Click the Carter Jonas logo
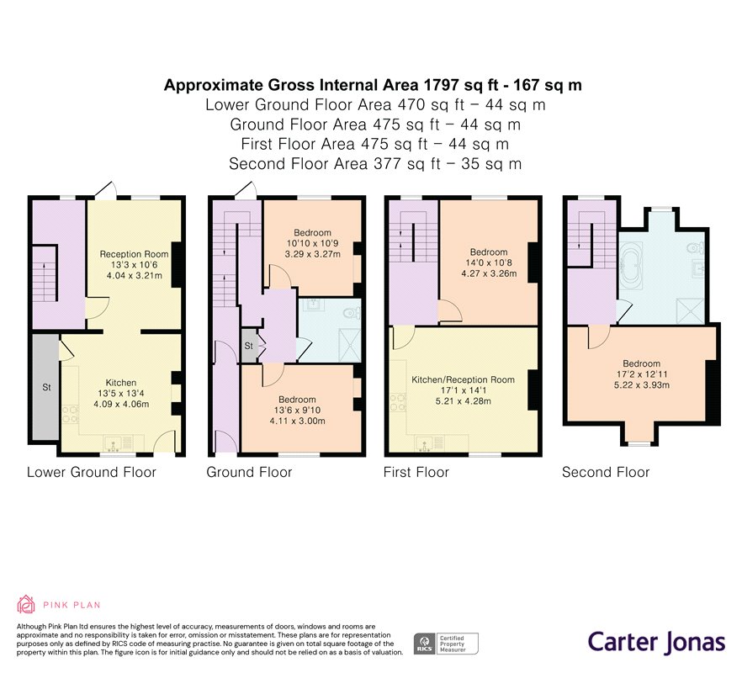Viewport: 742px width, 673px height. [x=655, y=642]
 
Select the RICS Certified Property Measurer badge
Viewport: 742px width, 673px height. [x=445, y=644]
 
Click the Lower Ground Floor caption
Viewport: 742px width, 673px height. [x=92, y=472]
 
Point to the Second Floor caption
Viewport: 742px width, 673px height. [x=606, y=472]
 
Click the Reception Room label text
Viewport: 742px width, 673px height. [x=130, y=254]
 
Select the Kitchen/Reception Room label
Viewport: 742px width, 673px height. [x=462, y=379]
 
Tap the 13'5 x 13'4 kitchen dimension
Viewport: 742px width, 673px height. [x=120, y=393]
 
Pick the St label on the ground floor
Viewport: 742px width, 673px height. [x=249, y=346]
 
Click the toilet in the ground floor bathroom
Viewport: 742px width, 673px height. [x=353, y=313]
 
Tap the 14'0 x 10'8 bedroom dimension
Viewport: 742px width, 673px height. [x=489, y=262]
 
